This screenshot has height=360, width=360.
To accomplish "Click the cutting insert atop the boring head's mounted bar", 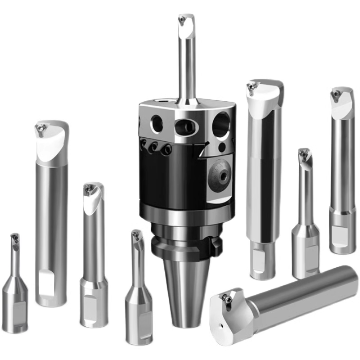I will [184, 19].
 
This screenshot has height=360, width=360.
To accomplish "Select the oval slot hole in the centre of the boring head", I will [185, 126].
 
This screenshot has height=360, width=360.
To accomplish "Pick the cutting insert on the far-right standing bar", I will [336, 94].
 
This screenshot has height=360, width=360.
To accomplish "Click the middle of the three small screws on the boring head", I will [155, 147].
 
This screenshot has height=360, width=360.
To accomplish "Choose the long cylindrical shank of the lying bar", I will [306, 292].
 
